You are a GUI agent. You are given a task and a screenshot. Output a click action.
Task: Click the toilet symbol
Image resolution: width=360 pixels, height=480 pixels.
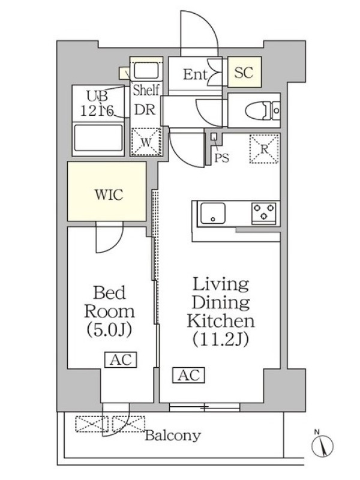pyautogui.click(x=263, y=110)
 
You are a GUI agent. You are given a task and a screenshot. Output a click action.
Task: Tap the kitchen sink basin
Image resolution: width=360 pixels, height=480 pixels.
pyautogui.click(x=213, y=213)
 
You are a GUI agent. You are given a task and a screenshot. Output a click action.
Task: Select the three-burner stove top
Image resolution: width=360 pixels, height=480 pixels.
pyautogui.click(x=263, y=212)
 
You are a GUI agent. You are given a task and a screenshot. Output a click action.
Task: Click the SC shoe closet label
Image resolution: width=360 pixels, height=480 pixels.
pyautogui.click(x=244, y=72)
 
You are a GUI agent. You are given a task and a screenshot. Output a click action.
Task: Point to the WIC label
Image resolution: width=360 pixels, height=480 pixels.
pyautogui.click(x=109, y=194)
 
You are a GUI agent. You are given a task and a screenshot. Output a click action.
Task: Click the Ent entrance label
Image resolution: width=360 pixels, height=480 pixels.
pyautogui.click(x=195, y=74)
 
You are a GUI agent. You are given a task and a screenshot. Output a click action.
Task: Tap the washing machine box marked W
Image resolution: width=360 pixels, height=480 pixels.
pyautogui.click(x=146, y=142)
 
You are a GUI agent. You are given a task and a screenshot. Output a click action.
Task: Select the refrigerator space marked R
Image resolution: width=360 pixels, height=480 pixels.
pyautogui.click(x=264, y=149)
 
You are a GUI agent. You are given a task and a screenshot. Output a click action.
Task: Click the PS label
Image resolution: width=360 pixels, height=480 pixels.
pyautogui.click(x=221, y=158)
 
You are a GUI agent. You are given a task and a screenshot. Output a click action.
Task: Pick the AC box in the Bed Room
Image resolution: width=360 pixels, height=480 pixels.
pyautogui.click(x=121, y=359)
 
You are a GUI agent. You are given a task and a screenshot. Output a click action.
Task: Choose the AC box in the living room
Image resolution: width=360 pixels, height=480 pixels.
pyautogui.click(x=188, y=375)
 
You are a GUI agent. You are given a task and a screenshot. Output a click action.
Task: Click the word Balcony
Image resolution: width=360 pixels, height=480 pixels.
pyautogui.click(x=173, y=436)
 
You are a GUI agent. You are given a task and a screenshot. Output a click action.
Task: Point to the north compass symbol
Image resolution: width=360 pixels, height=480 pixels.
pyautogui.click(x=322, y=445)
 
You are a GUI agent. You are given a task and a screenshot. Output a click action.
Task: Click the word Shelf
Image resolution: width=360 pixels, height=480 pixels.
pyautogui.click(x=146, y=90)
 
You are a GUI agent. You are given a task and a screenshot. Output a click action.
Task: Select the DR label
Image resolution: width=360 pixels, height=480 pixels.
pyautogui.click(x=145, y=110)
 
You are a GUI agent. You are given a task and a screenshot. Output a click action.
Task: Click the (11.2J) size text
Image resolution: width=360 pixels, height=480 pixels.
pyautogui.click(x=220, y=339)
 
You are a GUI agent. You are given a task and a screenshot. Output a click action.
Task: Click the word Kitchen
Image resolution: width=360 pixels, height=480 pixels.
pyautogui.click(x=221, y=320)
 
